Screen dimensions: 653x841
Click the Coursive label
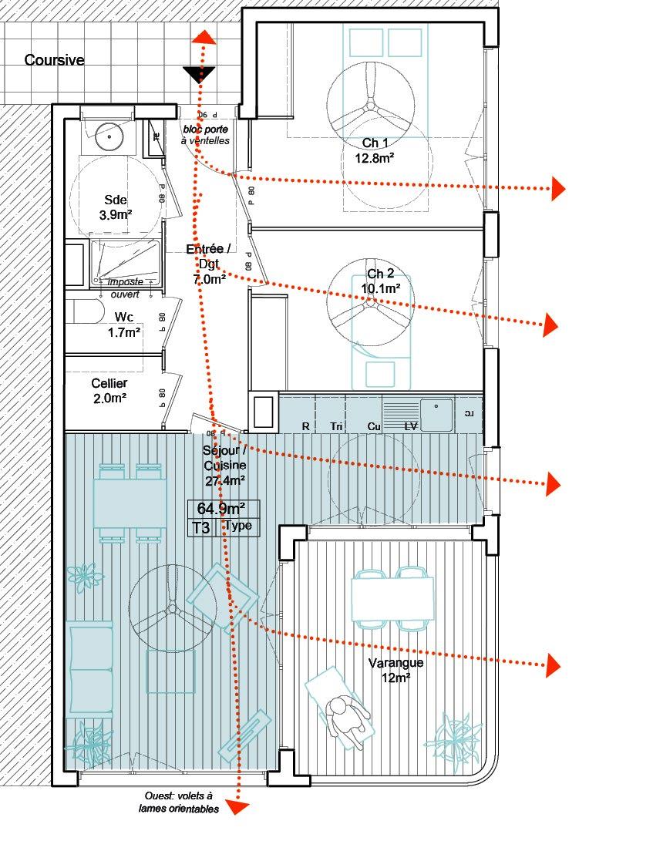pos(54,60)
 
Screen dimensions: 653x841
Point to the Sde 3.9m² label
pos(115,207)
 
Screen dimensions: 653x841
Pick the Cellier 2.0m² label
pos(109,390)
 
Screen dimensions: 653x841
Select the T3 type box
pos(202,527)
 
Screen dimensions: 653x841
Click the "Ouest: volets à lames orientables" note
pos(180,802)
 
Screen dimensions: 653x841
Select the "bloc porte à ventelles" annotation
pos(206,135)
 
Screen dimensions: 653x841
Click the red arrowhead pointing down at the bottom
pos(241,807)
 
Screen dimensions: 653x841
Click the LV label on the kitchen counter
pos(411,426)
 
